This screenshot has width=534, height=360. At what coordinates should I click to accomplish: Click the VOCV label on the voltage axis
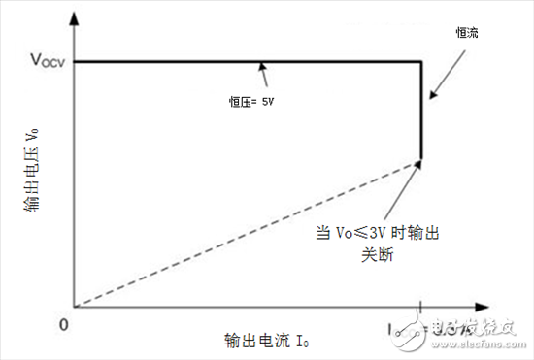tap(40, 60)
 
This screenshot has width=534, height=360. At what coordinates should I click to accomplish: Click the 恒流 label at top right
tap(468, 32)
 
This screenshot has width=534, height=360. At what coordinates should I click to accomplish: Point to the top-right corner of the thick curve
tap(420, 61)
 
